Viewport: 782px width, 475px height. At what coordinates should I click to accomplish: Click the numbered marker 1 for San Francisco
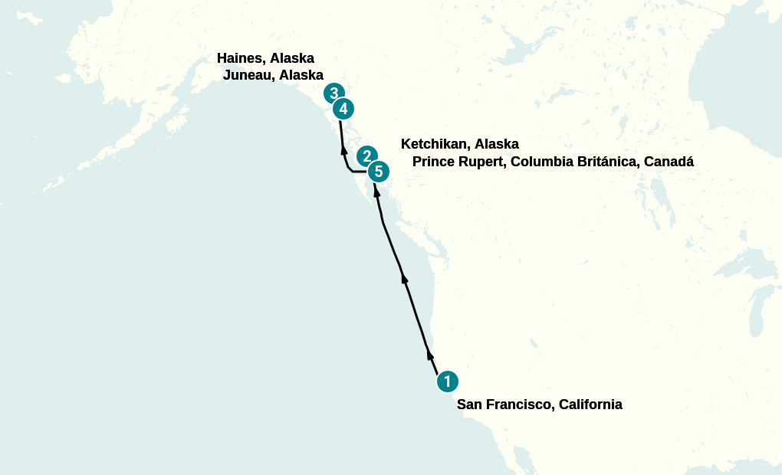point(447,381)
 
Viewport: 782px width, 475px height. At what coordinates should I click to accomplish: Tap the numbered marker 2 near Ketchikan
point(366,156)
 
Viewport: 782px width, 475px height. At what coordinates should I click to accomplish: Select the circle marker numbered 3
point(333,93)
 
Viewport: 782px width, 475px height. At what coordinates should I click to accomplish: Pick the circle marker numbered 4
point(343,109)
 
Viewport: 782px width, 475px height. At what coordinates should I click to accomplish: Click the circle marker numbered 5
point(378,172)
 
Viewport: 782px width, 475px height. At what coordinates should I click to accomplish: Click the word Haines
point(240,58)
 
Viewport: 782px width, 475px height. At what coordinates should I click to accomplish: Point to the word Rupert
point(482,162)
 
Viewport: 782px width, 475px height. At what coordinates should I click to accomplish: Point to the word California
point(590,405)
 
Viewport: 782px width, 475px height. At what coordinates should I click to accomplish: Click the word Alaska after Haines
point(292,58)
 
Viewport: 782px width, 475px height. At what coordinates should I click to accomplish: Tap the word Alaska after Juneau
point(301,75)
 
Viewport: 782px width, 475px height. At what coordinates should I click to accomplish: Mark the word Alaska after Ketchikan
point(497,144)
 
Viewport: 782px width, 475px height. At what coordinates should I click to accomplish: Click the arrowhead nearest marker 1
point(430,355)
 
